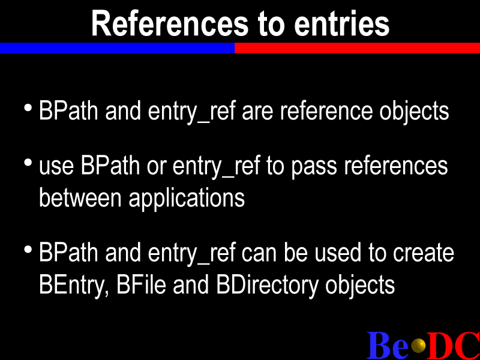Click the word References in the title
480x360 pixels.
pos(170,23)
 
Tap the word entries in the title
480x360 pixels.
pos(341,23)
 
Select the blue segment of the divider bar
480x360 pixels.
pos(117,48)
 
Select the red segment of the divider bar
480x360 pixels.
pos(357,48)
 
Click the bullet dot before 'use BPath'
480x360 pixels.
pos(28,163)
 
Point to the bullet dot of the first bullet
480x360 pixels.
pos(28,108)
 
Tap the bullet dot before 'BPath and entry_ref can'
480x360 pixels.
pos(28,250)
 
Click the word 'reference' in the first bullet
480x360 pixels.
pos(326,110)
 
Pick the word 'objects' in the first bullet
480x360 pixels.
pos(414,112)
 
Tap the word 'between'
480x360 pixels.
pos(80,198)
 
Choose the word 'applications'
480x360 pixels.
pos(187,200)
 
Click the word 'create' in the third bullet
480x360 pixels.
pos(424,253)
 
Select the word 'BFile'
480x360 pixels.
pos(141,284)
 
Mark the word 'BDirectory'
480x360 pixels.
pos(267,286)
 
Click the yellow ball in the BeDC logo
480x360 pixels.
pos(418,346)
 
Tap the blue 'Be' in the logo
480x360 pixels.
pos(388,346)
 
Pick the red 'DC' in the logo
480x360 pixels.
pos(453,346)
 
